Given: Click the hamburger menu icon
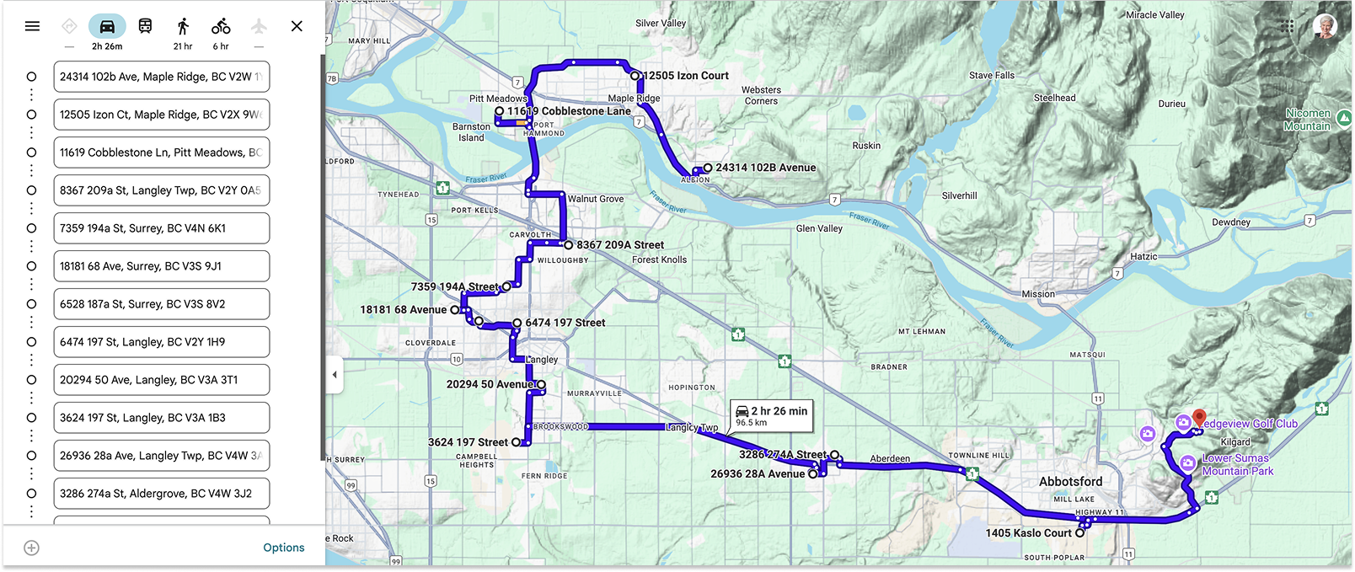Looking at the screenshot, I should [32, 26].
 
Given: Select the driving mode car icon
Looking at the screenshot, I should [107, 26].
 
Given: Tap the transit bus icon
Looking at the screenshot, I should [145, 26].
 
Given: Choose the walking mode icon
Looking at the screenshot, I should [183, 26].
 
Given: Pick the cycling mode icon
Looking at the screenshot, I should [221, 26].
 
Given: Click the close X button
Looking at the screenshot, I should [297, 26].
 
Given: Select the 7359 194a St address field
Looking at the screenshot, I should [161, 228].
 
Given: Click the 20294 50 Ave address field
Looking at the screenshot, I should [161, 380].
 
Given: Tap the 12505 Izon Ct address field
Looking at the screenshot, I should [161, 115].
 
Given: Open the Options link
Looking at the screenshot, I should [283, 548].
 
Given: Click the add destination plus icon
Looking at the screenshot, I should [31, 548].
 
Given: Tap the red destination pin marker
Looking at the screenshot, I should [1199, 418].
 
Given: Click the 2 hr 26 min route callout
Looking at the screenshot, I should [771, 415].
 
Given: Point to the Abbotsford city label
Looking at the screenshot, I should [1070, 482].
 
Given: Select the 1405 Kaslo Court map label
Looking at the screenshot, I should [1028, 533].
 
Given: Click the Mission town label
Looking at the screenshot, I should [1038, 294].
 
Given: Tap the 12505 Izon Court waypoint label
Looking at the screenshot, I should [686, 76].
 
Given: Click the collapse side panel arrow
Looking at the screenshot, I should [335, 375].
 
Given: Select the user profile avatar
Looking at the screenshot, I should [1325, 26].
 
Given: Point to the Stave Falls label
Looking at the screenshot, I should [992, 75].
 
